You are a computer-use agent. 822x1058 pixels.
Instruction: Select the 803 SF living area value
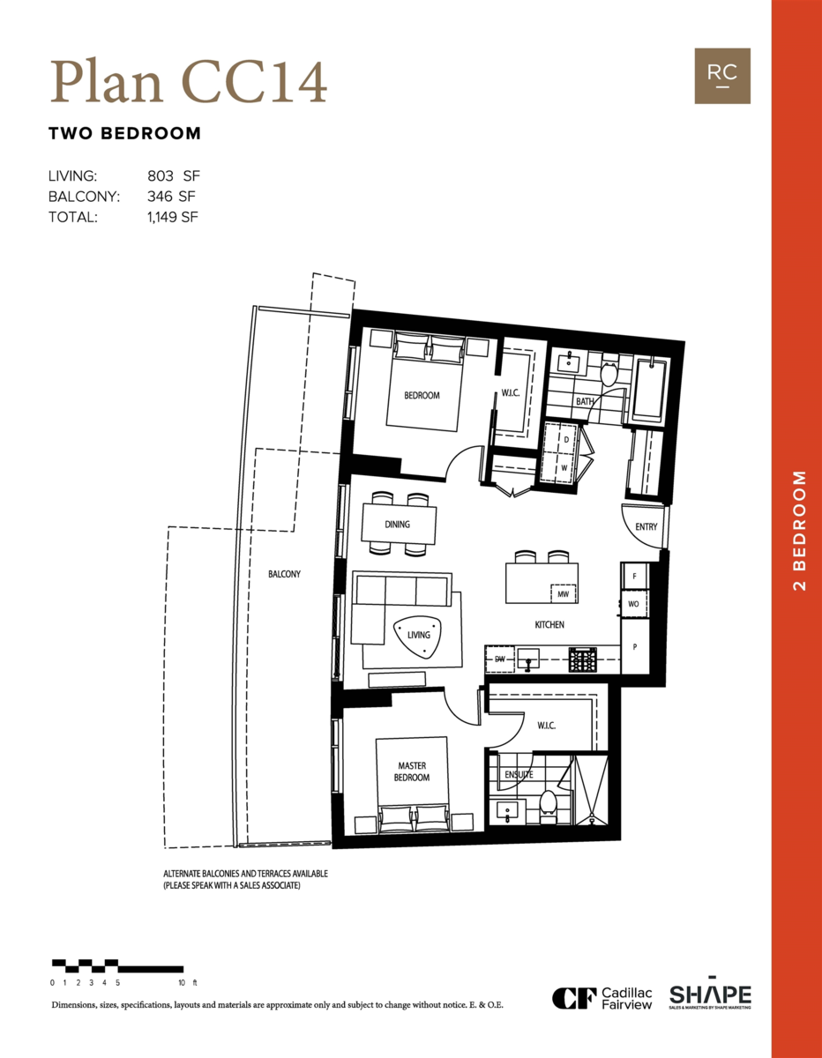click(x=175, y=176)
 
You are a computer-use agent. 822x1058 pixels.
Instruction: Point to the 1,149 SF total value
click(x=173, y=216)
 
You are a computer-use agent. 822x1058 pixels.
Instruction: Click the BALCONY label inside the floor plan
click(x=284, y=574)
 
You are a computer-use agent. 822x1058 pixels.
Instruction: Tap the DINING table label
click(x=398, y=525)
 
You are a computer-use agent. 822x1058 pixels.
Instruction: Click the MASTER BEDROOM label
click(x=412, y=771)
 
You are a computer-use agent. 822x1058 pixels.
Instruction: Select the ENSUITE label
click(x=518, y=775)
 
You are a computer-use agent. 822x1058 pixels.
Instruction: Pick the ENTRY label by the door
click(x=646, y=527)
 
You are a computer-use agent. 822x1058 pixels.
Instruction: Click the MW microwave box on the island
click(x=563, y=595)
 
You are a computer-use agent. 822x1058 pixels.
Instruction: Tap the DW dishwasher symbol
click(x=499, y=659)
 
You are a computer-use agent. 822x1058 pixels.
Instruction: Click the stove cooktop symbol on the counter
click(x=583, y=658)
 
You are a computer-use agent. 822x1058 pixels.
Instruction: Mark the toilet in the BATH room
click(x=608, y=373)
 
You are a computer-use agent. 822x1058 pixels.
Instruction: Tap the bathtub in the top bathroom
click(x=653, y=388)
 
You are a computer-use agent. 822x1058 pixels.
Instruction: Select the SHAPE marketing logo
click(x=710, y=995)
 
